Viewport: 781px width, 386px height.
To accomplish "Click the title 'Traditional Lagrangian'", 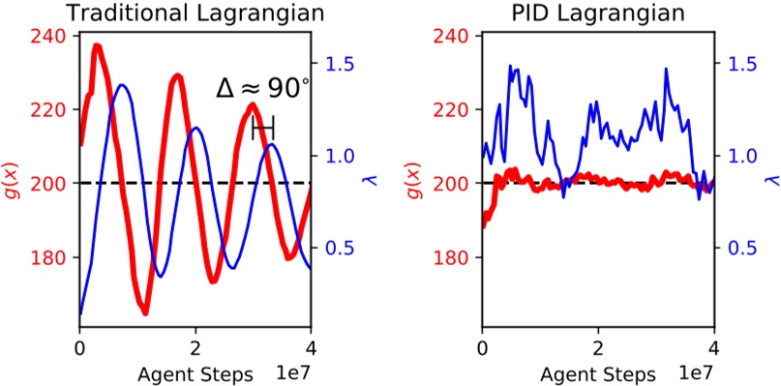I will pos(194,14).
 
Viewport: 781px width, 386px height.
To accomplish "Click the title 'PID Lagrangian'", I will pos(597,14).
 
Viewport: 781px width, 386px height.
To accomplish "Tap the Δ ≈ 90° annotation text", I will pos(262,89).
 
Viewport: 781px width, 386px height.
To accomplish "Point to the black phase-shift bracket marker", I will pos(262,127).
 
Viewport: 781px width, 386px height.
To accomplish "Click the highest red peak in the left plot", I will pos(98,45).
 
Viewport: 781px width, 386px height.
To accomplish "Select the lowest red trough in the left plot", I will pos(144,312).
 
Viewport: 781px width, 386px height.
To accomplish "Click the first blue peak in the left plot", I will pos(122,86).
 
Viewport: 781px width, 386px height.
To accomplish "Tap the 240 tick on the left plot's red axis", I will pos(54,36).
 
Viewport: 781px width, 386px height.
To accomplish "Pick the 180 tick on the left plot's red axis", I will pos(54,257).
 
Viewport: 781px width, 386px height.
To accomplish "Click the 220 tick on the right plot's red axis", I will pos(457,109).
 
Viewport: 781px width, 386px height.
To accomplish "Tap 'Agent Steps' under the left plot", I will pos(197,373).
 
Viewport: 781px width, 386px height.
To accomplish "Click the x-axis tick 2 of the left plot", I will pos(195,347).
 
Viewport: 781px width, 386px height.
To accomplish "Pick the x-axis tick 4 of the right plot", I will pos(713,347).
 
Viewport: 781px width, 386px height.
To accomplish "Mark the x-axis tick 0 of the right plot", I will pos(482,347).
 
